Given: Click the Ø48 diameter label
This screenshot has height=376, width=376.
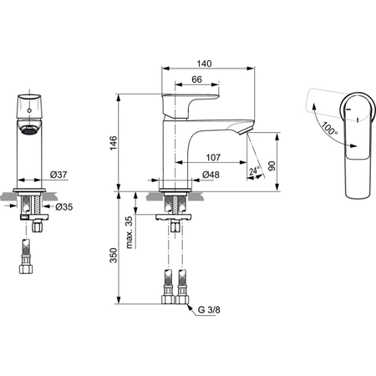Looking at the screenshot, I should tap(212, 175).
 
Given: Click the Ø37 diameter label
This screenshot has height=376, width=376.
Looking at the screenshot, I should tap(58, 175).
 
